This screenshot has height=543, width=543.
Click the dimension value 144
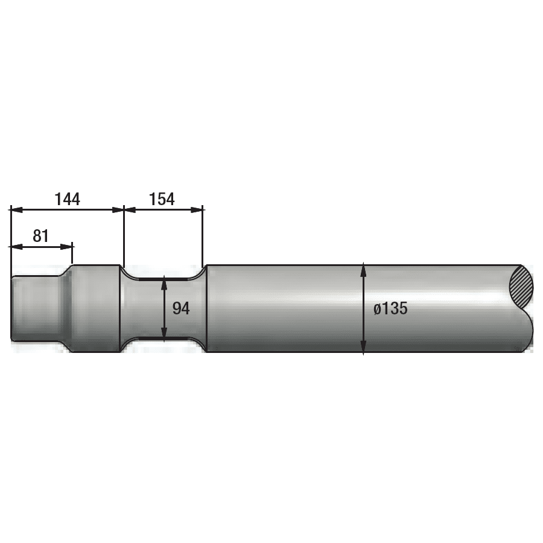click(68, 199)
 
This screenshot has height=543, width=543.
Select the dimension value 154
click(162, 199)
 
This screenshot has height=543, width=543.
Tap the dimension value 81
click(41, 236)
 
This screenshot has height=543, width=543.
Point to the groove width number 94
click(181, 308)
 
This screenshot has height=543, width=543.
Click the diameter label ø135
click(390, 308)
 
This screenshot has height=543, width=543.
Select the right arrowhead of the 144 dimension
click(118, 209)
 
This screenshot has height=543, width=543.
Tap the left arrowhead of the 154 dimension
click(130, 209)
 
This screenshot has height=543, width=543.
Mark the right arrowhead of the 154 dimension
click(197, 209)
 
